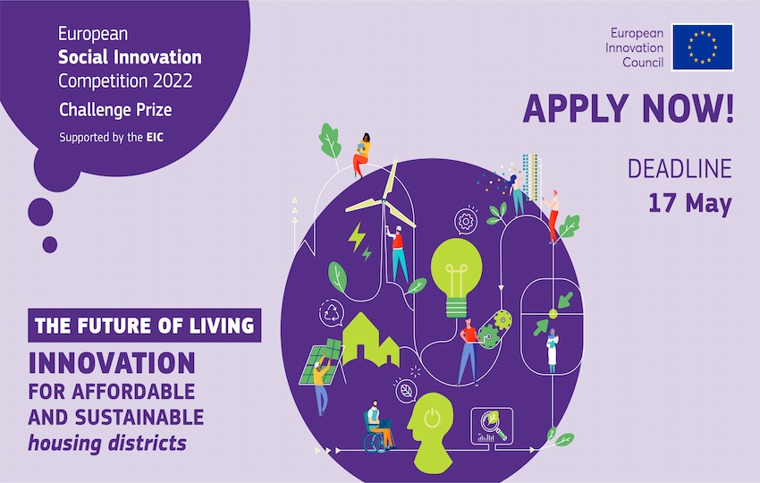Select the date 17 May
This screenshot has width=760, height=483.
(x=689, y=202)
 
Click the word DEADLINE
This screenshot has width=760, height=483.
(x=679, y=168)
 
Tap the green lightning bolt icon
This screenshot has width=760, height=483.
(x=359, y=240)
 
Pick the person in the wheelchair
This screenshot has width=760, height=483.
(x=377, y=428)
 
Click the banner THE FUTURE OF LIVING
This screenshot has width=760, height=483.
(x=144, y=325)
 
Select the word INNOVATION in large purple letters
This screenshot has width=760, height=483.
(x=112, y=363)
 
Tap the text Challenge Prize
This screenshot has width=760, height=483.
(x=115, y=110)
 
